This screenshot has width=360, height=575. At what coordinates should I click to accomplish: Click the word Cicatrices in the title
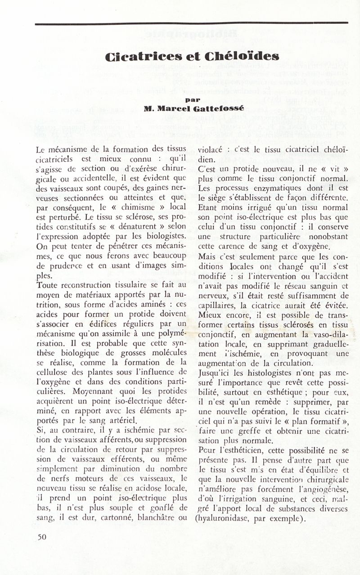[x=133, y=57]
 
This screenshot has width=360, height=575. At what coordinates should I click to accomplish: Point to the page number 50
[x=42, y=536]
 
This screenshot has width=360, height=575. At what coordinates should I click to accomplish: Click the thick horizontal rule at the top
[x=191, y=22]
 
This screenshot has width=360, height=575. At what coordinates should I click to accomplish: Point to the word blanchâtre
[x=152, y=517]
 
